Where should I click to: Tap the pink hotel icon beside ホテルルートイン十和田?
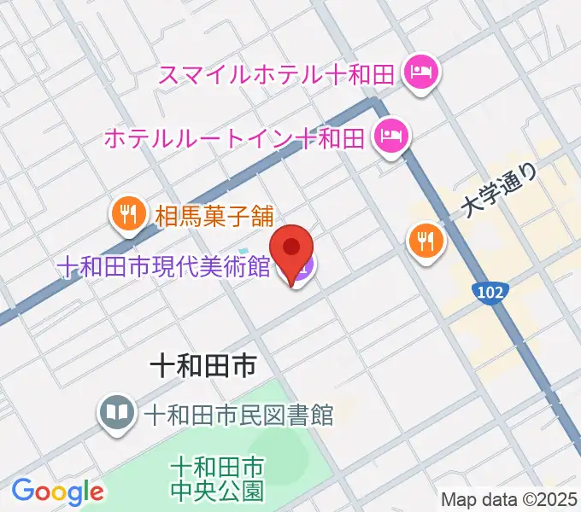coord(392,135)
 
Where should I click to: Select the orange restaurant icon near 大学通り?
coord(425,241)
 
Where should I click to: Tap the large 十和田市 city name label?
coord(202,368)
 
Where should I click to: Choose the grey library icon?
coord(116,415)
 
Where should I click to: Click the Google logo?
coord(57,491)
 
